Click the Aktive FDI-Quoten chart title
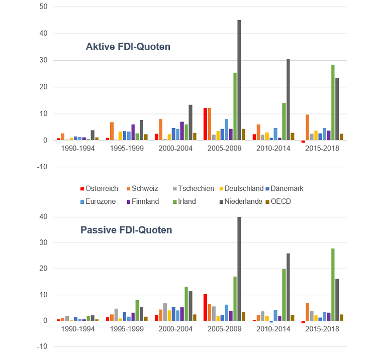coord(128,47)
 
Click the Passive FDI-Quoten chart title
coord(126,230)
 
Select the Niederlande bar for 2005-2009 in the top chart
coord(239,80)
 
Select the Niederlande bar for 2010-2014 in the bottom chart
coord(288,287)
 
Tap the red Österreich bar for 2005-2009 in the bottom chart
coord(205,307)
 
